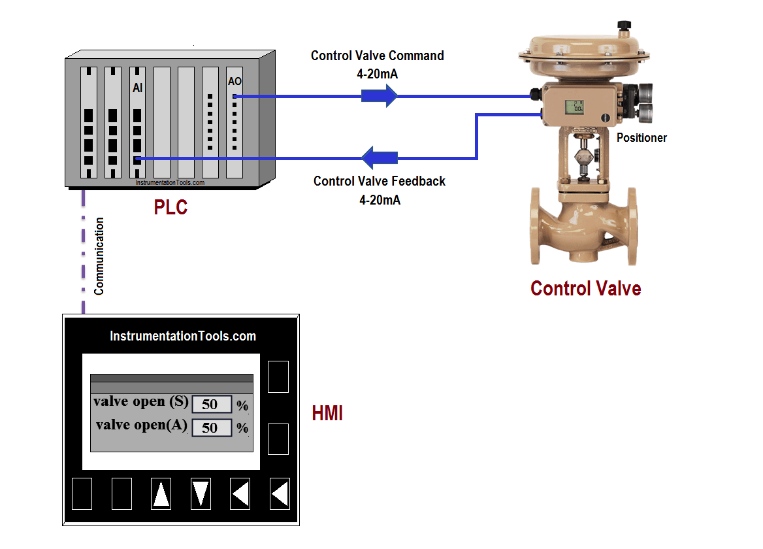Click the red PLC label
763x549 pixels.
170,207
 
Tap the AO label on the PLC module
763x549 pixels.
235,81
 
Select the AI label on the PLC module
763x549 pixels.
137,88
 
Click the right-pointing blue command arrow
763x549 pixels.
380,96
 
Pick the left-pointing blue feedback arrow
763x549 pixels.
380,158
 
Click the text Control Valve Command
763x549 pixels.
377,56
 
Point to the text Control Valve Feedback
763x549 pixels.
379,181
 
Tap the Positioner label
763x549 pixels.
641,138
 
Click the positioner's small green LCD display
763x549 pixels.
574,107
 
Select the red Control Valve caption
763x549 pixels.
585,288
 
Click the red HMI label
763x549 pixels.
327,414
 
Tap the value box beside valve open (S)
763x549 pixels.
212,405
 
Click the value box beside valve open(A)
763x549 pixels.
212,428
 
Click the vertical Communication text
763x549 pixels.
99,257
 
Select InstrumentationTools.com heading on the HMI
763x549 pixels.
183,337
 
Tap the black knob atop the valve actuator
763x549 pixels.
625,25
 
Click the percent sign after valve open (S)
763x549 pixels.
242,407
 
